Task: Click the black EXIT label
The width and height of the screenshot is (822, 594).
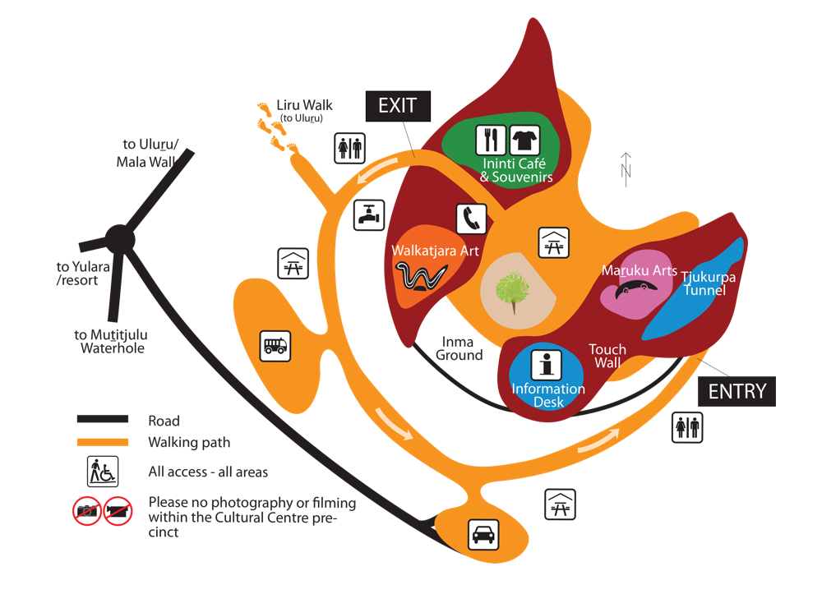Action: point(398,106)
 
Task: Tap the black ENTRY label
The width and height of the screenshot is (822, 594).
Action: point(737,391)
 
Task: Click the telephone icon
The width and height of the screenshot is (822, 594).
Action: point(471,219)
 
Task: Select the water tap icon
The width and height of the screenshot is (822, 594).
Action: point(369,214)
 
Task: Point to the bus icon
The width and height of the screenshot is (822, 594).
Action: point(275,345)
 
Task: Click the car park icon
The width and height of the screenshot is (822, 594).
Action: point(482,534)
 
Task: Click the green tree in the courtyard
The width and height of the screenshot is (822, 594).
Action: point(512,290)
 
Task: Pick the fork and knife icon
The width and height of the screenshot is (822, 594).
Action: point(490,140)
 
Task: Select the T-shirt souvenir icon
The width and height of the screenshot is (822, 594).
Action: point(524,140)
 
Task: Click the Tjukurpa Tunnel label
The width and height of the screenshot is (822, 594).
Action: point(708,283)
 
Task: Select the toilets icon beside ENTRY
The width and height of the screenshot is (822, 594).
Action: point(688,426)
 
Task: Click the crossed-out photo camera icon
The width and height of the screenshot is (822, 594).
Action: point(86,511)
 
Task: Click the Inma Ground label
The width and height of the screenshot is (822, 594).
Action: point(459,348)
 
